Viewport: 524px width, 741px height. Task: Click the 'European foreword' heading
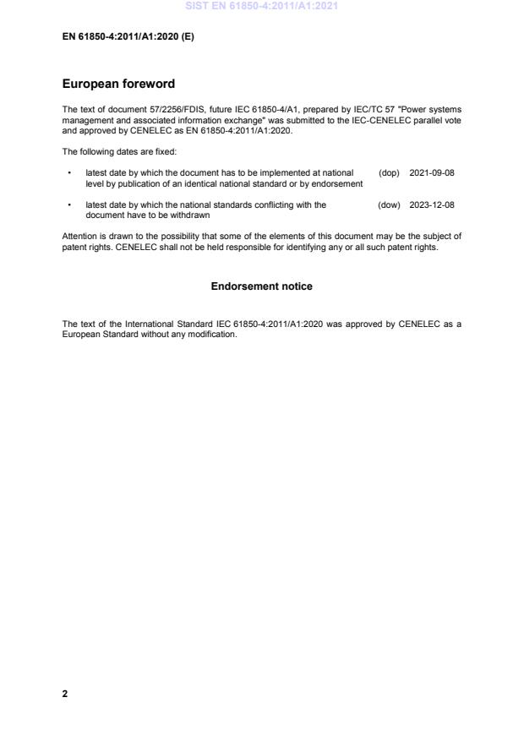pyautogui.click(x=118, y=84)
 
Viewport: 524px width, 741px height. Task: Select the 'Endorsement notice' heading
pyautogui.click(x=261, y=286)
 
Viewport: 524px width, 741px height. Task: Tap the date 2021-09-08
pyautogui.click(x=432, y=172)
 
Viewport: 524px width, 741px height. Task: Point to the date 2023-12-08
pyautogui.click(x=432, y=204)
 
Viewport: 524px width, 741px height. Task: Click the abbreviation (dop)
pyautogui.click(x=389, y=172)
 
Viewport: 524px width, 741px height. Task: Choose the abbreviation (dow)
pyautogui.click(x=389, y=204)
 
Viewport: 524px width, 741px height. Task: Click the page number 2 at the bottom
pyautogui.click(x=65, y=694)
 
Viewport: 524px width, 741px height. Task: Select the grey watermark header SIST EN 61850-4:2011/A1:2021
pyautogui.click(x=261, y=7)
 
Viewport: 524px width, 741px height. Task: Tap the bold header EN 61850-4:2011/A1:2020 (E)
pyautogui.click(x=128, y=36)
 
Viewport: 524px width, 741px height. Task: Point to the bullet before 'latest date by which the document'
pyautogui.click(x=68, y=172)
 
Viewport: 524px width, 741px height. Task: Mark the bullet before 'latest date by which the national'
pyautogui.click(x=68, y=204)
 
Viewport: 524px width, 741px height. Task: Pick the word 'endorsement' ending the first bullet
pyautogui.click(x=338, y=183)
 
